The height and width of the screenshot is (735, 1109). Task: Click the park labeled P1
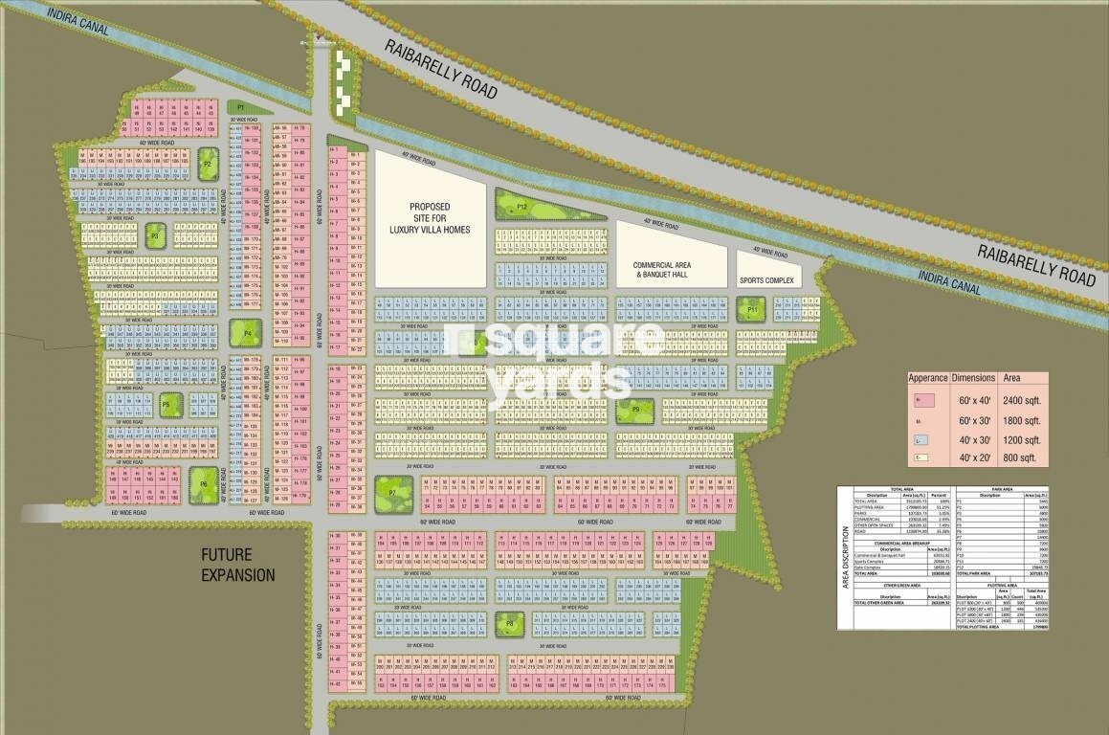tap(241, 107)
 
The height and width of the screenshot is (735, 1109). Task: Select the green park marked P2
tap(207, 165)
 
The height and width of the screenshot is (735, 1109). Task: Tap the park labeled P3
tap(155, 234)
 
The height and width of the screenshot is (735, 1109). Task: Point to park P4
tap(247, 334)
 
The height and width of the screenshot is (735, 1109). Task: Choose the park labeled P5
tap(170, 404)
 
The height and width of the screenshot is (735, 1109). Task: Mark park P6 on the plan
tap(204, 483)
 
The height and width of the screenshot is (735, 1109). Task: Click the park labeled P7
tap(392, 492)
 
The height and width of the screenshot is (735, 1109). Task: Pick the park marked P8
tap(510, 623)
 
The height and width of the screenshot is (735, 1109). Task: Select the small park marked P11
tap(753, 309)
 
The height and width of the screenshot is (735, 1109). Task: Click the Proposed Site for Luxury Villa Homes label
tap(430, 218)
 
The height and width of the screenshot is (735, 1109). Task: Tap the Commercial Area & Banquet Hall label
tap(669, 269)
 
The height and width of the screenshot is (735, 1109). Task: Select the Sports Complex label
tap(766, 280)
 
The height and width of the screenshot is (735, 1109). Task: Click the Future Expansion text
tap(237, 565)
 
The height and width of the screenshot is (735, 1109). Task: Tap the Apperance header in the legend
tap(928, 378)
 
